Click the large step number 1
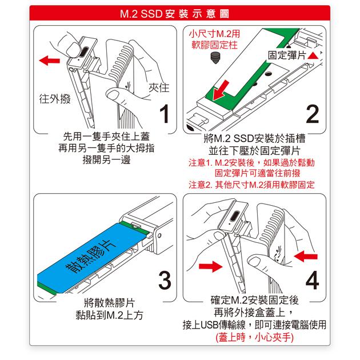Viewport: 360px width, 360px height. click(165, 114)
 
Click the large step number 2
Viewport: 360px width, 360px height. click(313, 114)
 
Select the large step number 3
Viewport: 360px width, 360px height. click(165, 280)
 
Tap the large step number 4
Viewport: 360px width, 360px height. click(312, 280)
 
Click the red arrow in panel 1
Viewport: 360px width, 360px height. click(49, 61)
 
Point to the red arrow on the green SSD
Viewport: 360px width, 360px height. click(221, 90)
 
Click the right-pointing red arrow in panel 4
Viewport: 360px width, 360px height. click(210, 266)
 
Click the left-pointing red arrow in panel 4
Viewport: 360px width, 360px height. click(306, 256)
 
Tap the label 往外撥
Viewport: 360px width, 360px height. click(55, 99)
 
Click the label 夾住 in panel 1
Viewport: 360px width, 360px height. click(159, 87)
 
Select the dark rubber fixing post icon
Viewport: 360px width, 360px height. click(215, 58)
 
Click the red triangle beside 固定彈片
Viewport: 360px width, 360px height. click(313, 56)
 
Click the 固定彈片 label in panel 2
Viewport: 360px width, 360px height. click(287, 55)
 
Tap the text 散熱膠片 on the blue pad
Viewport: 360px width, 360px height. click(91, 257)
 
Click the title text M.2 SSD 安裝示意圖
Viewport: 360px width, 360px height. click(174, 14)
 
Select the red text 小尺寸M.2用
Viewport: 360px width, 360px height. click(214, 34)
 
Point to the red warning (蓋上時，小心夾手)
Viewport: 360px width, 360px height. click(255, 337)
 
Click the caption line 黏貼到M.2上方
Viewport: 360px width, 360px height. click(109, 315)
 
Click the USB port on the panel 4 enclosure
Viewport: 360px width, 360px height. click(235, 216)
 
